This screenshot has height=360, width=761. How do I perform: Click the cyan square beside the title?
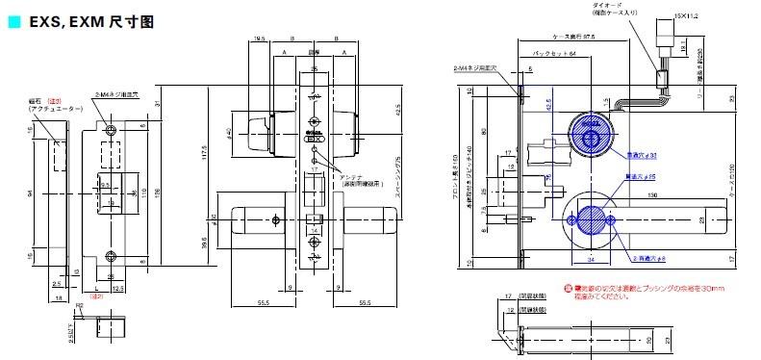click(x=12, y=18)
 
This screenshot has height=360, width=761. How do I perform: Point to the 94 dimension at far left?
click(x=31, y=193)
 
